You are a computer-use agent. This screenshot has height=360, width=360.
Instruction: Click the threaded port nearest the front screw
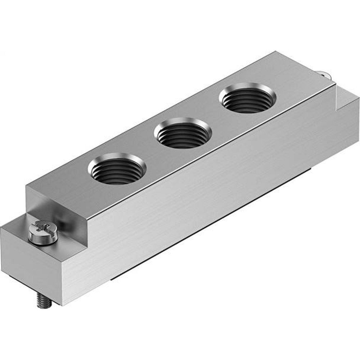117,169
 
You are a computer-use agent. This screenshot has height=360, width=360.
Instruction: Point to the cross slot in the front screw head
40,227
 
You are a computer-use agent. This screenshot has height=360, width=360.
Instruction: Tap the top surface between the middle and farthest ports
216,115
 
